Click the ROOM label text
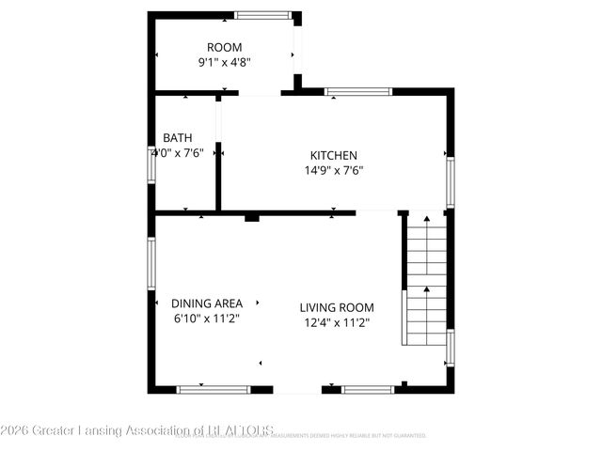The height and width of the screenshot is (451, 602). pos(225,47)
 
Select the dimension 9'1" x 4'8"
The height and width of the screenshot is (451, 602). pos(224,63)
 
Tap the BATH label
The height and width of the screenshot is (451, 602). pos(177,137)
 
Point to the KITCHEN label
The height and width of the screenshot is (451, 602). pos(334,155)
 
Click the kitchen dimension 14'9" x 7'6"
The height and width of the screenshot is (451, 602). pos(334,171)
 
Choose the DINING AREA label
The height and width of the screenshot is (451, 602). pos(207,303)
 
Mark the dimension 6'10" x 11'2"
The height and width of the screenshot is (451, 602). pos(207,319)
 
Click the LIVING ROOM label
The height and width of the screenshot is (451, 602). pos(337,307)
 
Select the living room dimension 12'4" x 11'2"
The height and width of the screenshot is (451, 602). pos(337,323)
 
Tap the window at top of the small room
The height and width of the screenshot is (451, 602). pos(263,15)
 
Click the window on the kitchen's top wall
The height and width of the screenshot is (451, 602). pos(357,91)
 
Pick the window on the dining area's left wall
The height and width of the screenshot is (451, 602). pos(150,263)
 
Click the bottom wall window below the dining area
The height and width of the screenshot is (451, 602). pos(214,389)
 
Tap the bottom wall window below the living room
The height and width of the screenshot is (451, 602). pos(368,389)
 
